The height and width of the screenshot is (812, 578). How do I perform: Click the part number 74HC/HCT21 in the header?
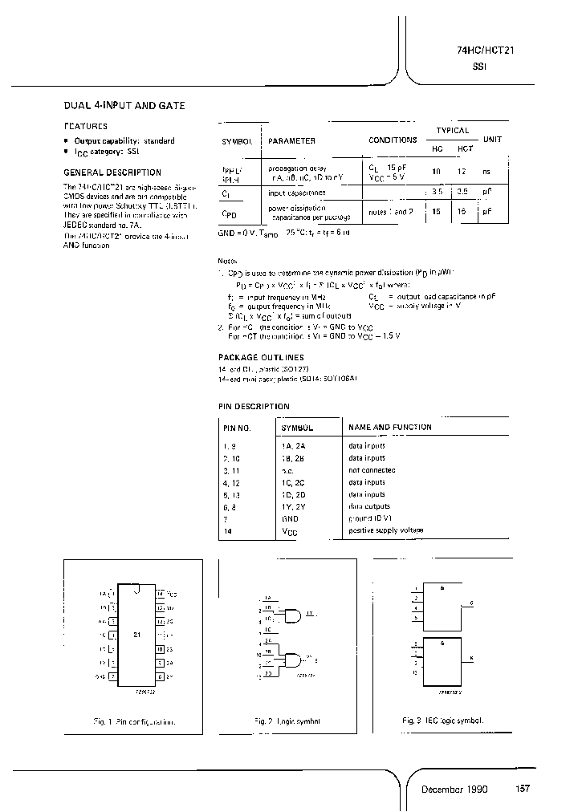[x=480, y=51]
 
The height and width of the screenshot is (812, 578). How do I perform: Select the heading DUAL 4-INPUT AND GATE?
[x=124, y=105]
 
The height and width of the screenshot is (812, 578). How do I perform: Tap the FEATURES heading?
[x=85, y=126]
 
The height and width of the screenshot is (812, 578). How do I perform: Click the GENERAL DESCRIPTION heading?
[x=112, y=173]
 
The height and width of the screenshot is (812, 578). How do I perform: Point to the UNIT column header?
[x=492, y=140]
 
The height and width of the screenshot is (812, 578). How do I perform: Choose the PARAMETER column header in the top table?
[x=291, y=140]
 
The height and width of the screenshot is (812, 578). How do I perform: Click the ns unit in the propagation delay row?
[x=486, y=172]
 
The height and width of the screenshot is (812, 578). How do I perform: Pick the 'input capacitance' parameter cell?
[x=297, y=193]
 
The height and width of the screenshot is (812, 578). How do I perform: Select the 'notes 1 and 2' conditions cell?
[x=391, y=212]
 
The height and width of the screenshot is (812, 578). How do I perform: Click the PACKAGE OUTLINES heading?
[x=261, y=357]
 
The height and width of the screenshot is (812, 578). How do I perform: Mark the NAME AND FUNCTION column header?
[x=389, y=428]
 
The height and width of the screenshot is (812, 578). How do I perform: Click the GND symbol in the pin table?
[x=290, y=518]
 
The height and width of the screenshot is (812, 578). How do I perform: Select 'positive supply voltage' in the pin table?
[x=386, y=530]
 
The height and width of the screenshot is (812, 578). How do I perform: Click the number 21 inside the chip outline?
[x=136, y=634]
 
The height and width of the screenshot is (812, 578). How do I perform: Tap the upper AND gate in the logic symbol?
[x=292, y=615]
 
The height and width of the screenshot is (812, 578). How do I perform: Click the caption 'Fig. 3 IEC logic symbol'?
[x=442, y=721]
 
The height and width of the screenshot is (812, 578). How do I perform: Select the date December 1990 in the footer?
[x=454, y=790]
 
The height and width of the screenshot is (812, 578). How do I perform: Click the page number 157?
[x=522, y=790]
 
